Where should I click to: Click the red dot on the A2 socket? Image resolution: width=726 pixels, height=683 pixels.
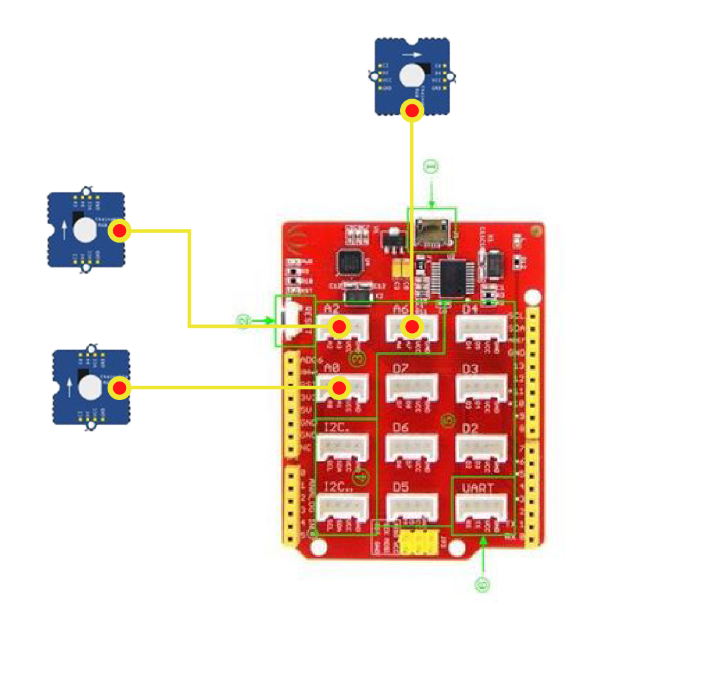coord(339,327)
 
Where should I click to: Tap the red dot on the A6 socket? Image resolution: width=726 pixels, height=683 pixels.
coord(412,327)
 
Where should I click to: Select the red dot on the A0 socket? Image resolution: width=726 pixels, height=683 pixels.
coord(339,387)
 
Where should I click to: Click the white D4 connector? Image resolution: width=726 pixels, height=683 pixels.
coord(481,328)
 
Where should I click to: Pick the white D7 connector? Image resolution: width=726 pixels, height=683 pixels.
coord(412,388)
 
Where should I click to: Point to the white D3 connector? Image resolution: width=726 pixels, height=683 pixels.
coord(481,388)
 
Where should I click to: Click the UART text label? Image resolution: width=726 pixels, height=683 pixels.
coord(478,488)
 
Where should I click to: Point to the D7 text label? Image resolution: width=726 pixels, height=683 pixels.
coord(401,369)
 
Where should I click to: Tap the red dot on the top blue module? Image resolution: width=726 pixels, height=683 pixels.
coord(412,111)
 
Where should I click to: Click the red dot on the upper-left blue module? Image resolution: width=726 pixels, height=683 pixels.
coord(120,230)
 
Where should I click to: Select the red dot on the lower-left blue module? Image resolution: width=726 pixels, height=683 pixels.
coord(120,388)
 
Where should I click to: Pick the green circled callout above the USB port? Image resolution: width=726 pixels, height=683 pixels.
coord(432,167)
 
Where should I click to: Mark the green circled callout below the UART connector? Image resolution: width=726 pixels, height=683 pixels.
coord(482,584)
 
